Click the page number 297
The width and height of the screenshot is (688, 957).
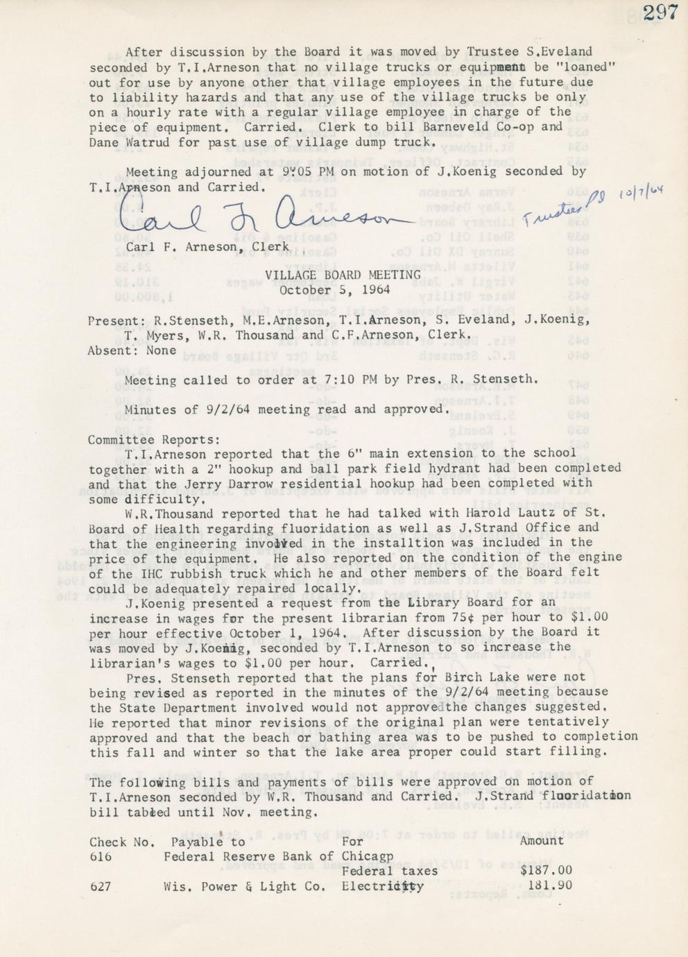[x=660, y=13]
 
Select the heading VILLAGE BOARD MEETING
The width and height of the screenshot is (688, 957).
[x=343, y=275]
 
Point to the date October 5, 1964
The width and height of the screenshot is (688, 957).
[x=334, y=290]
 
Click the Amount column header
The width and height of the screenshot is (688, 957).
[x=542, y=840]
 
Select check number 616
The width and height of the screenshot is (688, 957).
[x=101, y=856]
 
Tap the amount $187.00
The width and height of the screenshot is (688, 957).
[x=546, y=871]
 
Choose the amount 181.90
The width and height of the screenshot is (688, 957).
[x=550, y=886]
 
